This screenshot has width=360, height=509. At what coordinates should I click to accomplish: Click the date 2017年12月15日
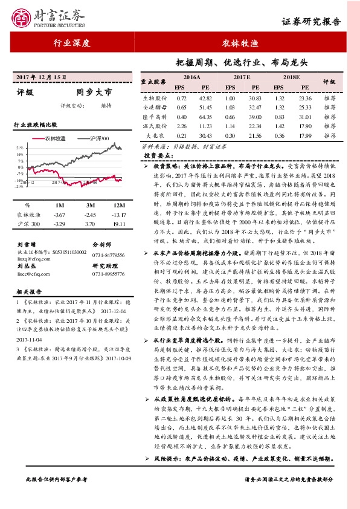[x=40, y=77]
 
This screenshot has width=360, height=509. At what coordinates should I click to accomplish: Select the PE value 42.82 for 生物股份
[x=206, y=98]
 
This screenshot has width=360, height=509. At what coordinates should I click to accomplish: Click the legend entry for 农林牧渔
[x=53, y=138]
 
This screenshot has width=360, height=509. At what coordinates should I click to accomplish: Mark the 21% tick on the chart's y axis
[x=20, y=147]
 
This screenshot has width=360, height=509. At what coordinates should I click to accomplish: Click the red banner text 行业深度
[x=72, y=44]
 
